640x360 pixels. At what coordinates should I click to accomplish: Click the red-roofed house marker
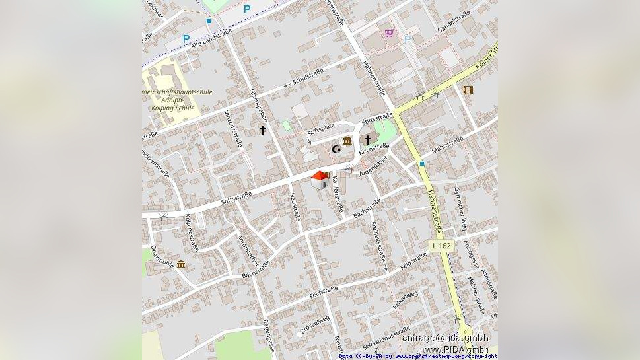pyautogui.click(x=320, y=180)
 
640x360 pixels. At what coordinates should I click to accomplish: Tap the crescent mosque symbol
pyautogui.click(x=336, y=150)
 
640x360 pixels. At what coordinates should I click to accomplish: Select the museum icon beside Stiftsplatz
pyautogui.click(x=347, y=141)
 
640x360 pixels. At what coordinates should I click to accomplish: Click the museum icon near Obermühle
pyautogui.click(x=181, y=264)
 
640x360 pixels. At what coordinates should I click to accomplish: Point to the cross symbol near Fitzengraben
pyautogui.click(x=262, y=130)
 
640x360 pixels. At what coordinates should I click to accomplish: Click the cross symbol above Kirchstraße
pyautogui.click(x=368, y=140)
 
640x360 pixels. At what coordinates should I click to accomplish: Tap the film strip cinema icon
pyautogui.click(x=468, y=90)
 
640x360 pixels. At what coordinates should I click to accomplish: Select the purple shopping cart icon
pyautogui.click(x=390, y=32)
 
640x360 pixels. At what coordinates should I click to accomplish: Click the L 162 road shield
pyautogui.click(x=442, y=245)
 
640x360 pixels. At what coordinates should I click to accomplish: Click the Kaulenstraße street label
pyautogui.click(x=338, y=194)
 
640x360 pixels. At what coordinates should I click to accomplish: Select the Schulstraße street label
pyautogui.click(x=307, y=76)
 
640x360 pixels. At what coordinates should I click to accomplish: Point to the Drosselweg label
pyautogui.click(x=315, y=323)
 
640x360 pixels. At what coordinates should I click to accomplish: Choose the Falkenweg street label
pyautogui.click(x=406, y=300)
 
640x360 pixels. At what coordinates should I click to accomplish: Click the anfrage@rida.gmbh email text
pyautogui.click(x=445, y=338)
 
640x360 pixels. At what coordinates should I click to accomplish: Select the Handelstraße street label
pyautogui.click(x=454, y=22)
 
